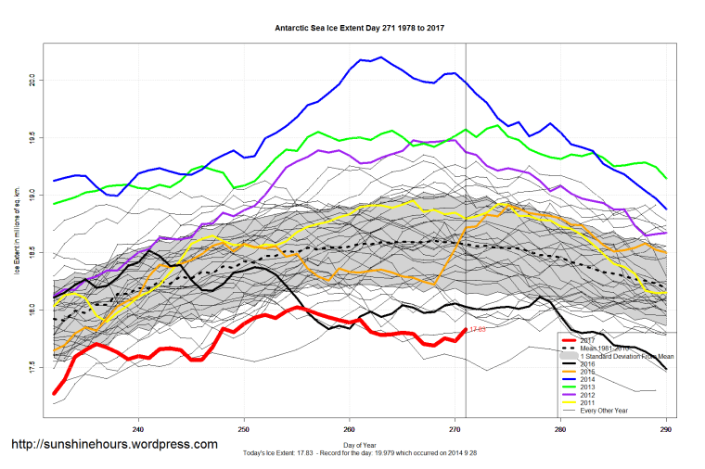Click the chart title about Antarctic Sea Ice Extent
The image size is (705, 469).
click(x=358, y=28)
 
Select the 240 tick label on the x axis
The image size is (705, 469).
click(x=138, y=429)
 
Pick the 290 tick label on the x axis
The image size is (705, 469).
click(x=666, y=429)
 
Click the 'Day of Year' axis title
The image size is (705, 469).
click(x=358, y=445)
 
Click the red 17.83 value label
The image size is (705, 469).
click(x=478, y=329)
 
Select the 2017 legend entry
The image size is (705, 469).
click(x=589, y=340)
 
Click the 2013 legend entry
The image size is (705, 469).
click(x=589, y=387)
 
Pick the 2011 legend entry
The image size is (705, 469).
click(x=589, y=403)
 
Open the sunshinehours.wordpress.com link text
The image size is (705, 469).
click(x=115, y=445)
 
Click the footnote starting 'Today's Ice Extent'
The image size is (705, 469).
click(x=358, y=453)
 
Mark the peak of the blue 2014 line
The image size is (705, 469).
click(x=382, y=57)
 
